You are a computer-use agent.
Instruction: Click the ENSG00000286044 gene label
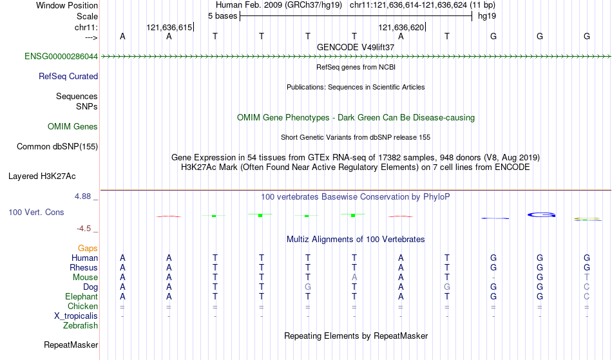pos(61,56)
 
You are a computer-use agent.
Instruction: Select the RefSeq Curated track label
pos(68,76)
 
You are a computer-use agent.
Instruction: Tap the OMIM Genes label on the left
pos(73,126)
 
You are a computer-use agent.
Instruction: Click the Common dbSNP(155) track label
pos(57,146)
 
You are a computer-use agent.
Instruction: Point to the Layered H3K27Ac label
pos(42,176)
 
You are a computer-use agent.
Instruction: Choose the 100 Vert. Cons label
pos(36,212)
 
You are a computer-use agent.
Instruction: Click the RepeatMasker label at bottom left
pos(71,345)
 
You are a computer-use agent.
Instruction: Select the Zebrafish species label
pos(81,325)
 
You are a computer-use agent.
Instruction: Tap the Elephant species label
pos(82,296)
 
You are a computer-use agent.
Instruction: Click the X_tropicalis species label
pos(76,316)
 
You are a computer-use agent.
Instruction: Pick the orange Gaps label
pos(88,248)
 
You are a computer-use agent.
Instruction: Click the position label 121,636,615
pos(169,27)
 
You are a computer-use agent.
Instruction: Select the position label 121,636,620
pos(401,27)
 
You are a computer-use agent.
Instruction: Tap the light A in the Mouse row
pos(354,278)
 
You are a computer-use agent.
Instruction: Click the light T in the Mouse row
pos(587,278)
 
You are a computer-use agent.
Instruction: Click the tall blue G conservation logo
pos(541,214)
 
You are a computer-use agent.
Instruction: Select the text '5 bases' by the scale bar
pos(222,16)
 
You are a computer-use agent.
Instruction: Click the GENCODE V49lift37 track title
pos(356,47)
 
